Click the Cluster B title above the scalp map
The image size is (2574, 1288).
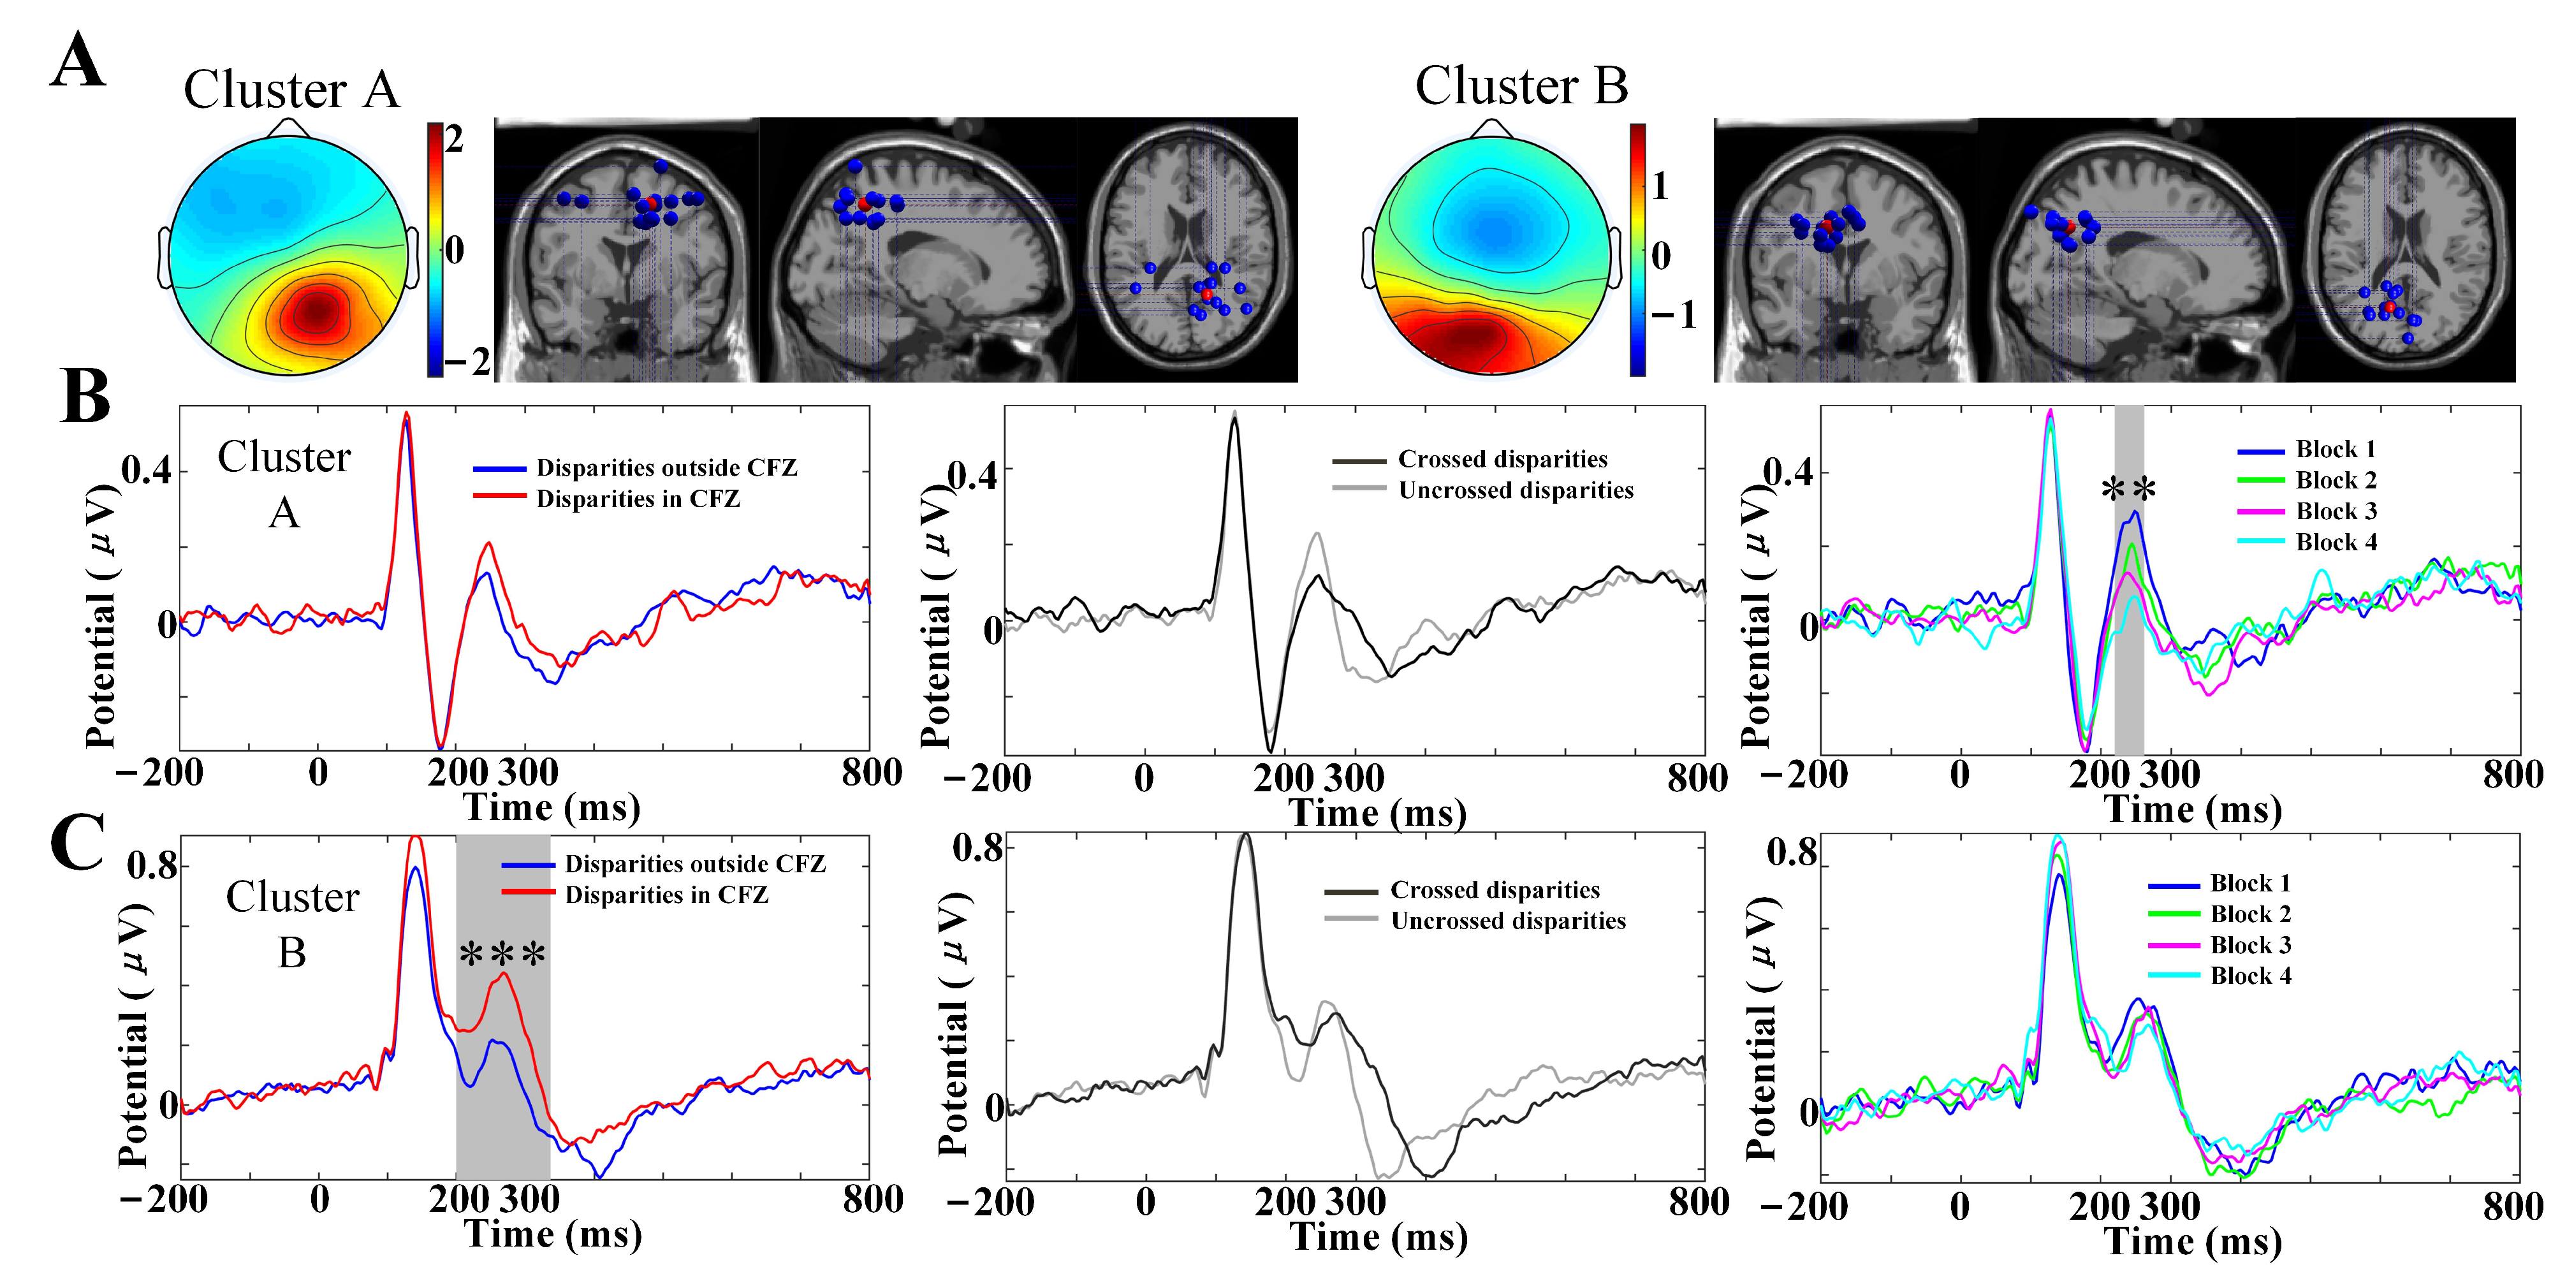click(x=1520, y=86)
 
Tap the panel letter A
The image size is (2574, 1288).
click(x=77, y=62)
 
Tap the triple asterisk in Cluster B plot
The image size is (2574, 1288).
click(x=502, y=955)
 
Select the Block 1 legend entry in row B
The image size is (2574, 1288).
click(x=2308, y=450)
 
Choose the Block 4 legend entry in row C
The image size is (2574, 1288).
click(x=2220, y=976)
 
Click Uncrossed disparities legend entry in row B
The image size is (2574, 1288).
click(x=1485, y=490)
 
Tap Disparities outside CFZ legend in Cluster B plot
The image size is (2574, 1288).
click(x=664, y=863)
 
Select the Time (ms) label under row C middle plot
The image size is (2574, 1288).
click(x=1379, y=1237)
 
